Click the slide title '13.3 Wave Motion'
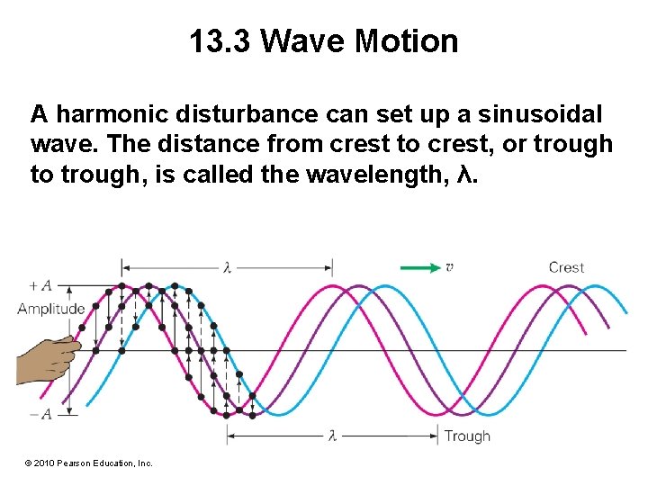pos(324,41)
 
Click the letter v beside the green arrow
pos(448,267)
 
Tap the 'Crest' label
pos(566,267)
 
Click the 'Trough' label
pos(467,436)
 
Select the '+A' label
pos(40,286)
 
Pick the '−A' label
pos(40,413)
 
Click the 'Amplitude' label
pos(51,309)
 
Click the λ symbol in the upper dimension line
pos(228,267)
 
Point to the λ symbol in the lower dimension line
pos(332,436)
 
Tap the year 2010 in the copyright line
pos(44,463)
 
